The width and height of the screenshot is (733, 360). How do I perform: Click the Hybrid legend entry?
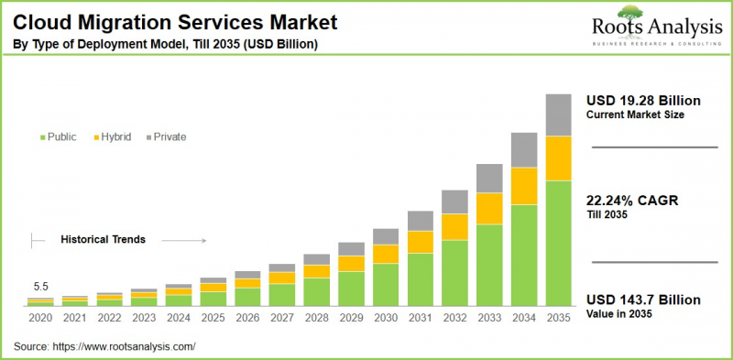[113, 136]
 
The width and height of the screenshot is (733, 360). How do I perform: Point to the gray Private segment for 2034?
[523, 150]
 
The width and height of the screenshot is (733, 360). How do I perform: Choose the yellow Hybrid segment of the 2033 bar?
[488, 208]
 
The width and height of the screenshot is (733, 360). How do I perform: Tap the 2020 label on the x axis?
[39, 318]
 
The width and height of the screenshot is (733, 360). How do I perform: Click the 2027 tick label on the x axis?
[282, 318]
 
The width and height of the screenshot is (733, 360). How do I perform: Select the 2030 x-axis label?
[385, 318]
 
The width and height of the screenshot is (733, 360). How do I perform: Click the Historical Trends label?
[104, 239]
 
